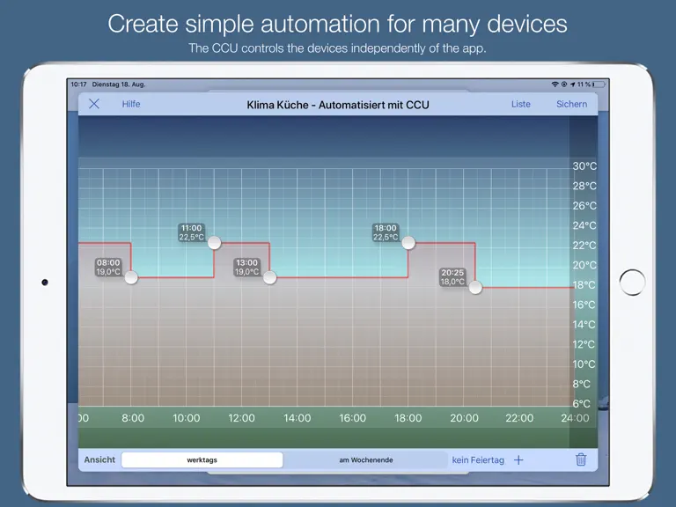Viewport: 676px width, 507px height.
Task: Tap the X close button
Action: point(94,104)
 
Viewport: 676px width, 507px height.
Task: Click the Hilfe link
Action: point(131,105)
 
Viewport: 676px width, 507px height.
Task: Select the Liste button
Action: point(521,105)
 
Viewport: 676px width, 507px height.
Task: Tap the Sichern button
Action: point(571,105)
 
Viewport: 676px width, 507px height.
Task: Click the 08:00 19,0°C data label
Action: point(108,267)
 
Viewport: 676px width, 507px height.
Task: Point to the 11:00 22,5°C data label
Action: point(191,232)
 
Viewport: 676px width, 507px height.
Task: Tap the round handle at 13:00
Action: point(270,277)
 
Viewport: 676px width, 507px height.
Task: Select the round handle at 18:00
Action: point(408,243)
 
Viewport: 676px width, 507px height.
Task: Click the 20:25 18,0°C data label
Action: point(452,276)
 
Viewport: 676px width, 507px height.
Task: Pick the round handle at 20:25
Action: point(475,287)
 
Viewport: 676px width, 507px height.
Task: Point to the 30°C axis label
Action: point(584,166)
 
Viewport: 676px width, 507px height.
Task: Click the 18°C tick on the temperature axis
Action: point(584,285)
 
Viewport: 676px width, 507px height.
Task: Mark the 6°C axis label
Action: point(581,404)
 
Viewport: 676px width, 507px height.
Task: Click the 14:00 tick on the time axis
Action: point(297,418)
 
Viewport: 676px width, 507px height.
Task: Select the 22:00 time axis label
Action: point(519,418)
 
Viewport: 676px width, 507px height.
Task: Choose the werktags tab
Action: point(202,460)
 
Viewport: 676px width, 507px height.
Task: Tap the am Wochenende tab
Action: point(365,460)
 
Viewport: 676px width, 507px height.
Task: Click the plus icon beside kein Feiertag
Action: point(518,460)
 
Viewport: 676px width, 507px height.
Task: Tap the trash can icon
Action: point(581,459)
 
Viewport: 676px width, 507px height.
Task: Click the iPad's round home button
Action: point(632,283)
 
